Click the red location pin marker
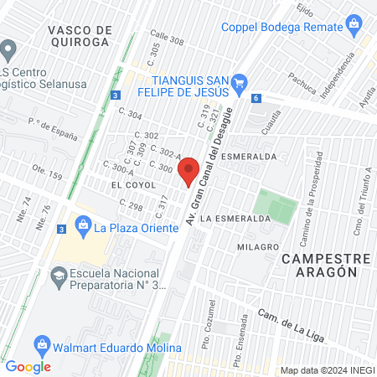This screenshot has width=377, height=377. pos(189,171)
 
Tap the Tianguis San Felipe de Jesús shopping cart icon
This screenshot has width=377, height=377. pos(240,81)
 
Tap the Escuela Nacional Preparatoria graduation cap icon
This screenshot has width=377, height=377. pos(59,275)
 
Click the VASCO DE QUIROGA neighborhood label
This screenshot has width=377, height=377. pos(80,35)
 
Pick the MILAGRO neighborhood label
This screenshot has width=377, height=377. pos(256,247)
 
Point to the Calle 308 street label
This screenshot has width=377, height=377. pos(167,39)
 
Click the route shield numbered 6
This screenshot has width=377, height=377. pos(255,98)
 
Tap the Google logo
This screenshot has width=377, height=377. pos(28,366)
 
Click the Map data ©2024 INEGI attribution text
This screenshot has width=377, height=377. pos(327,370)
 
